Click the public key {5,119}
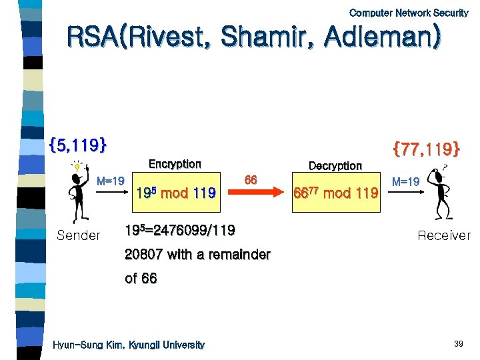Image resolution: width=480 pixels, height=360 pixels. pos(78,144)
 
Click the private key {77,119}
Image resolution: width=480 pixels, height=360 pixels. pos(427,148)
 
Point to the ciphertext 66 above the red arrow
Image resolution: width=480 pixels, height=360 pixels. pos(251,179)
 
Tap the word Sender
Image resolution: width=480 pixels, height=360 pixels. pos(79,235)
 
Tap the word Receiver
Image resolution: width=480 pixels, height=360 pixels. pos(443,235)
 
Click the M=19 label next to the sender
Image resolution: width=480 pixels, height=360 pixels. pos(111,181)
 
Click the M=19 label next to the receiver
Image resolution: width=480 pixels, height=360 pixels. pos(405,181)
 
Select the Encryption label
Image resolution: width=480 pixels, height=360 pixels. pos(174,164)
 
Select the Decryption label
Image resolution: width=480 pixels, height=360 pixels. pos(335,165)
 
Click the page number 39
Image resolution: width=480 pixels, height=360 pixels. pos(458,344)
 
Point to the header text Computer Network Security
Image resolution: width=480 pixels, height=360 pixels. pos(409,13)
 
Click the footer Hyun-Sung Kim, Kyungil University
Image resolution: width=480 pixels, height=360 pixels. pos(129,345)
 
